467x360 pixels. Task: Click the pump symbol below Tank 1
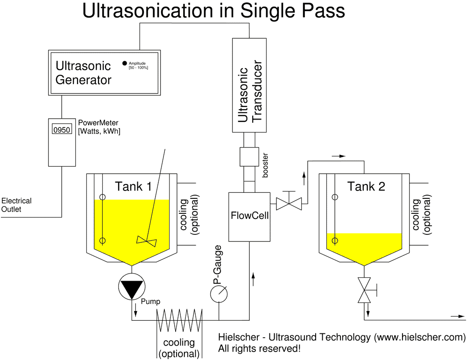(131, 287)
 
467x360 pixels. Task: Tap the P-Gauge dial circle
(219, 294)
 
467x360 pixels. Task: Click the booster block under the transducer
(249, 157)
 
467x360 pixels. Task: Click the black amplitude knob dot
(124, 63)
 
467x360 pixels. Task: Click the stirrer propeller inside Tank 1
(146, 241)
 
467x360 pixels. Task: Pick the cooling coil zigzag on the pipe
(179, 320)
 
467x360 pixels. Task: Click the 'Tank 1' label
(133, 187)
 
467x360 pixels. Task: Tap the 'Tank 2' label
(366, 187)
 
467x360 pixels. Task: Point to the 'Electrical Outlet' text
(16, 205)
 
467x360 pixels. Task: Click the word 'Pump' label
(150, 302)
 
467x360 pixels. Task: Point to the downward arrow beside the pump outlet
(136, 310)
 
